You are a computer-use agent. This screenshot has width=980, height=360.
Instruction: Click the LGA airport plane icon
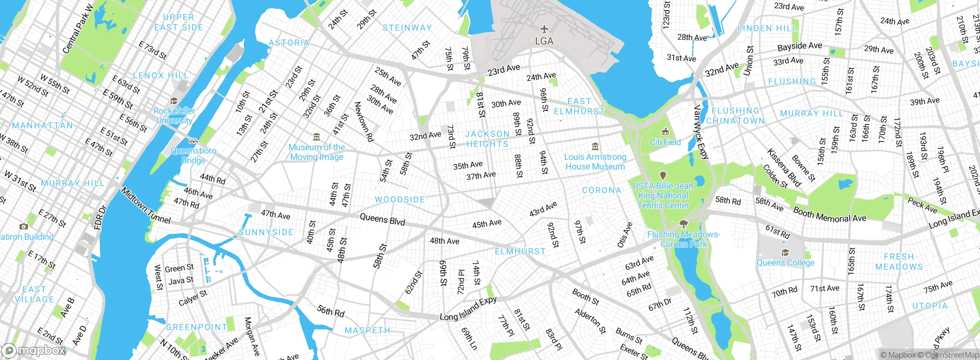pos(544,29)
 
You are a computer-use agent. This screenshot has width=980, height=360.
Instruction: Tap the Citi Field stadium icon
pos(665,132)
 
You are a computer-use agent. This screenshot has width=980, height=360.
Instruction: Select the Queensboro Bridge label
pos(193,155)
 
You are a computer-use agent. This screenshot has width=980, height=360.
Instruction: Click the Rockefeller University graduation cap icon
pos(174,101)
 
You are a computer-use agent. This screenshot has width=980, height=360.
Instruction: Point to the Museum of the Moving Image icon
pos(317,137)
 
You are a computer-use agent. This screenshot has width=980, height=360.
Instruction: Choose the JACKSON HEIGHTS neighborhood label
pos(487,139)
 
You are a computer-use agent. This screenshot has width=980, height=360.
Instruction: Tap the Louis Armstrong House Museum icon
pos(595,147)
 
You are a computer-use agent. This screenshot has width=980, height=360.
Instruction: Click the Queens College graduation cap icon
pos(785,253)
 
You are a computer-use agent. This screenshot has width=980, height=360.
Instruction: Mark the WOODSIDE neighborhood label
pos(400,200)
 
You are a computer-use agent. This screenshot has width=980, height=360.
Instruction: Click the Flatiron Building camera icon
pos(23,227)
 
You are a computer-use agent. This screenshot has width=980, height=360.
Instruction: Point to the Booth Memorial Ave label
pos(830,215)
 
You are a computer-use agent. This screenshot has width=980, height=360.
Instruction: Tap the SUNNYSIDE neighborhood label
pos(266,232)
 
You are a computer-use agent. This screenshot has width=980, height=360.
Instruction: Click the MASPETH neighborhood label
pos(367,330)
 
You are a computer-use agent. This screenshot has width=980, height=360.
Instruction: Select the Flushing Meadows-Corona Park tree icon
pos(683,224)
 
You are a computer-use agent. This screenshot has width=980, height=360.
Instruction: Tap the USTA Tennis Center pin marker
pos(663,175)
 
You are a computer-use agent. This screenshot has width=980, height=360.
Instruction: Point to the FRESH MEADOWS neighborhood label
pos(899,262)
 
